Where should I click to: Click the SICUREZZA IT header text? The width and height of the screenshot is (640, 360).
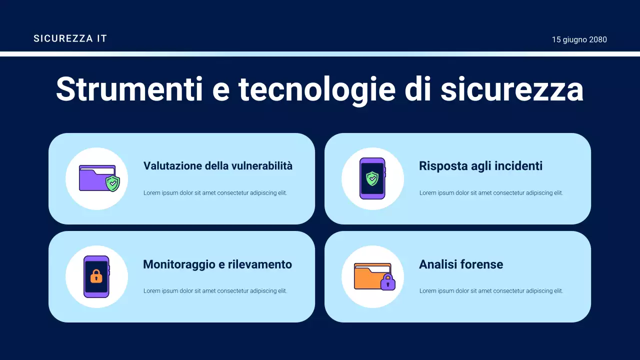tap(70, 38)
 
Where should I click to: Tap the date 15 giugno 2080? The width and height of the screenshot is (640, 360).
tap(579, 39)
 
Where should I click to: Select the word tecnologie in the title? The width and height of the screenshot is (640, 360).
tap(310, 89)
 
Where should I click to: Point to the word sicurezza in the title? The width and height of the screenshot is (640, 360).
tap(511, 89)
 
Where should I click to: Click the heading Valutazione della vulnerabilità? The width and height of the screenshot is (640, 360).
tap(217, 166)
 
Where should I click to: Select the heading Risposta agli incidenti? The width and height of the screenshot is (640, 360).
tap(480, 166)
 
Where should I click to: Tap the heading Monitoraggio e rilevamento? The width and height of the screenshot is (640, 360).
tap(217, 264)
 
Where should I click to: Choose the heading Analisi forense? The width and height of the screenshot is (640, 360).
tap(461, 264)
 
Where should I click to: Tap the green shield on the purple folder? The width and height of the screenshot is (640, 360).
tap(113, 183)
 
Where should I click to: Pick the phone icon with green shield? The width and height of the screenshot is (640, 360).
tap(372, 178)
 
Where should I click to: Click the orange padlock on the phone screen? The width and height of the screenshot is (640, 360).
tap(96, 276)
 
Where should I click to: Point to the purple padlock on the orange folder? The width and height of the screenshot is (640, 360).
tap(387, 282)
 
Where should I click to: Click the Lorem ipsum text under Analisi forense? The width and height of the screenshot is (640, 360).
tap(491, 291)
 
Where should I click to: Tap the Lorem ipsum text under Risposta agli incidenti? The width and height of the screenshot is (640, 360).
tap(491, 193)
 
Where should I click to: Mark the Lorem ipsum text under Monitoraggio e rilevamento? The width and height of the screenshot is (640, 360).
tap(215, 291)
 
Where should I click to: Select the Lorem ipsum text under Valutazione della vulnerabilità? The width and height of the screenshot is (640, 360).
tap(215, 193)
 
